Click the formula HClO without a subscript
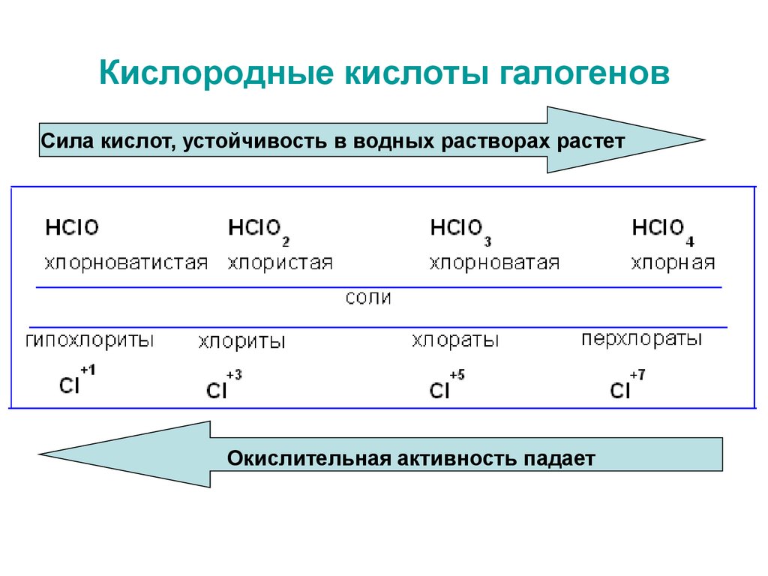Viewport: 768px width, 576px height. [72, 227]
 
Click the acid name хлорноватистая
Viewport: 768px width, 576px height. [126, 263]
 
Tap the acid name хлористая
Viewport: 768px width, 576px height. [280, 263]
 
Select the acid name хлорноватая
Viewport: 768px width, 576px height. [495, 263]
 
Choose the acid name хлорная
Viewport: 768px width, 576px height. [673, 263]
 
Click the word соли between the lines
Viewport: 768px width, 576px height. [368, 298]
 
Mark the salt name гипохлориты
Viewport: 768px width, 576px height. [90, 340]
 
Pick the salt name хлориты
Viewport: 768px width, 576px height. [242, 341]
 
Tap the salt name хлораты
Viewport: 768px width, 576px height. [455, 340]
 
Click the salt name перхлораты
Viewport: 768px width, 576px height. [642, 339]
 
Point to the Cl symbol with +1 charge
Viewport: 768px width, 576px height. [69, 385]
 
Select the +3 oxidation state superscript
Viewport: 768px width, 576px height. [234, 375]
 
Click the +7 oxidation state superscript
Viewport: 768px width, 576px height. [637, 375]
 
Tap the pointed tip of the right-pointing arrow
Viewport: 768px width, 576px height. [704, 139]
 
